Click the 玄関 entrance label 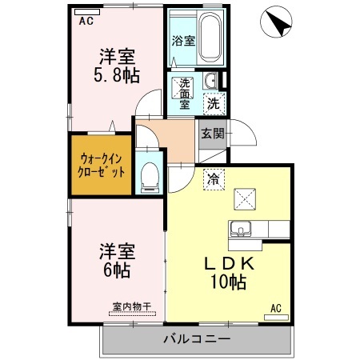point(211,134)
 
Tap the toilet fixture point(150,176)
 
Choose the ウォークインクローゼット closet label point(99,165)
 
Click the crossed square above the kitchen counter point(243,198)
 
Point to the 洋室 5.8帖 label point(117,66)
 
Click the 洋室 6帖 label point(117,261)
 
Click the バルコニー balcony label point(197,339)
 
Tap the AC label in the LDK point(276,308)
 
